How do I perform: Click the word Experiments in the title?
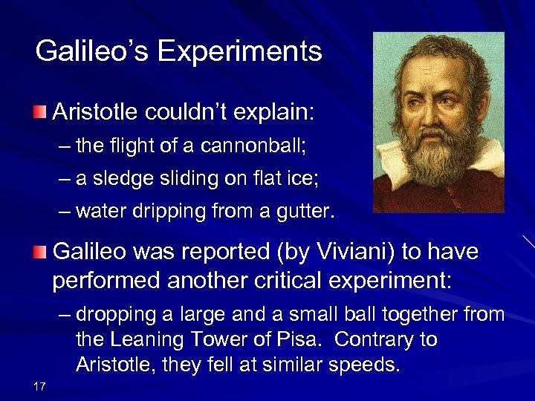(x=239, y=52)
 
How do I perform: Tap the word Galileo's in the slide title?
(x=91, y=50)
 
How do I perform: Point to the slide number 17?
(x=40, y=385)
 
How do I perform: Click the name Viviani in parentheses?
(x=348, y=252)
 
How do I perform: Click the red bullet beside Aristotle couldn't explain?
(x=39, y=113)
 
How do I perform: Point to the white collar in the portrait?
(x=482, y=160)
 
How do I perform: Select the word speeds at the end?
(x=369, y=365)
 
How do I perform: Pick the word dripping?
(x=158, y=212)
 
